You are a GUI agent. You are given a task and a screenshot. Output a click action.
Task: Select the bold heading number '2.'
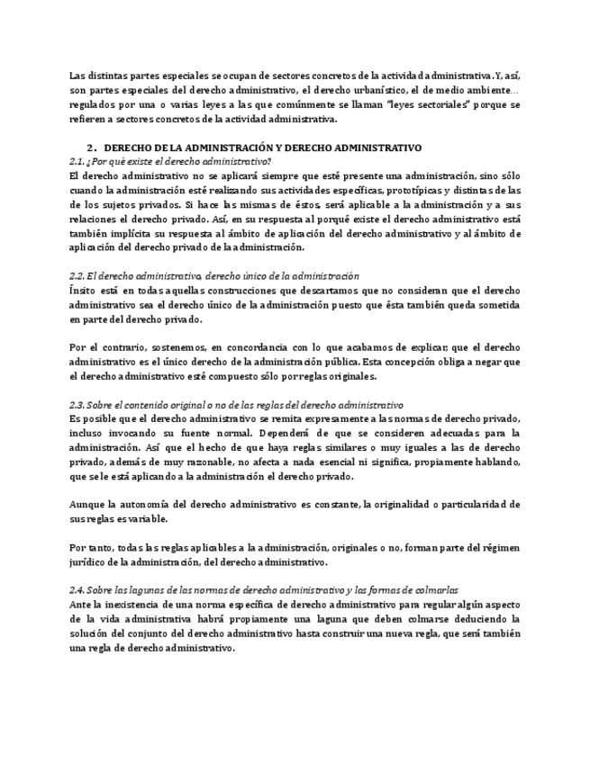point(91,146)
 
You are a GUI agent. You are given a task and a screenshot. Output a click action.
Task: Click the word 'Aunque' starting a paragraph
point(86,506)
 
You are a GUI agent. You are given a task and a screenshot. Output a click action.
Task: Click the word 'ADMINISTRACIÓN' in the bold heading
point(214,146)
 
